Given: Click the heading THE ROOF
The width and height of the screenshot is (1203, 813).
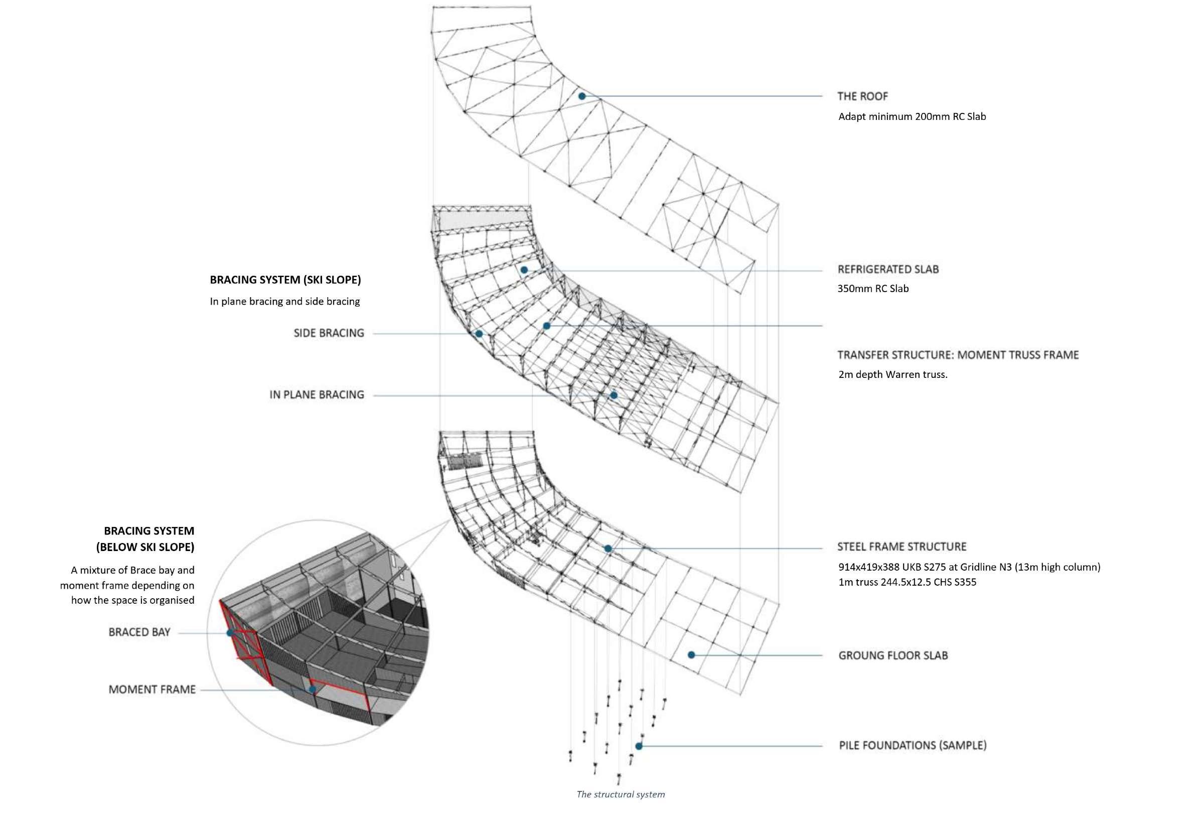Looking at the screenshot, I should [x=862, y=96].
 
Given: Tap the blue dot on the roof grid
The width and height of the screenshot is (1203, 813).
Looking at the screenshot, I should [x=582, y=96].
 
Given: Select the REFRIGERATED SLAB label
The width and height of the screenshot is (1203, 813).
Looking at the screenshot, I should [x=888, y=269].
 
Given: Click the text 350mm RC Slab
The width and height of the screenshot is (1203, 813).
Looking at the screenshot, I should [x=873, y=289].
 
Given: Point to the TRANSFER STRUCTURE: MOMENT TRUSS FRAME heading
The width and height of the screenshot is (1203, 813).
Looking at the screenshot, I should [x=958, y=355].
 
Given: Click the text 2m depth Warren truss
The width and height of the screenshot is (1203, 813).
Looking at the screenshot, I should [x=892, y=374].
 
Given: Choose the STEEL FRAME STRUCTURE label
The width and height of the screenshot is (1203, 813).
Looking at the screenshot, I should [x=901, y=547].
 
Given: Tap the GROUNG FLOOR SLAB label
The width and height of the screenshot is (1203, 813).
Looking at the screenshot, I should [x=893, y=655].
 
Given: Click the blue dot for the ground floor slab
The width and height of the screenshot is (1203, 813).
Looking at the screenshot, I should [x=691, y=655].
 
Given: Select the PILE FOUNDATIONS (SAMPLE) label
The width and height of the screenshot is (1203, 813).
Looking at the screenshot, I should [x=913, y=745].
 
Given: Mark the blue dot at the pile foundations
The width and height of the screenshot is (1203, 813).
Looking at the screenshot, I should [x=639, y=746].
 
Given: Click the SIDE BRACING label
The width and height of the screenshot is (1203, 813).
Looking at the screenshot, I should [x=329, y=333].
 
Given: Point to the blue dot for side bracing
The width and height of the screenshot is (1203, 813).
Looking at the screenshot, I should [x=479, y=334].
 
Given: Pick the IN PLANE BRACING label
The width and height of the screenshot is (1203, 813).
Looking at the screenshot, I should [x=317, y=394].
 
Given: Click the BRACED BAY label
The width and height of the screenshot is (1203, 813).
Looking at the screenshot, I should [x=139, y=632].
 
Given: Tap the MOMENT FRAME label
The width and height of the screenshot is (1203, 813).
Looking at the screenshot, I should [x=152, y=689].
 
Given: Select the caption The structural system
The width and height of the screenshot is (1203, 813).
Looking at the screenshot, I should [x=621, y=794].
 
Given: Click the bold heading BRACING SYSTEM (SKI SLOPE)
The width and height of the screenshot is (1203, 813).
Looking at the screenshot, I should [x=285, y=280].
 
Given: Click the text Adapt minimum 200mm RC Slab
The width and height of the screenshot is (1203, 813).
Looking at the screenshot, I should [x=912, y=116].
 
